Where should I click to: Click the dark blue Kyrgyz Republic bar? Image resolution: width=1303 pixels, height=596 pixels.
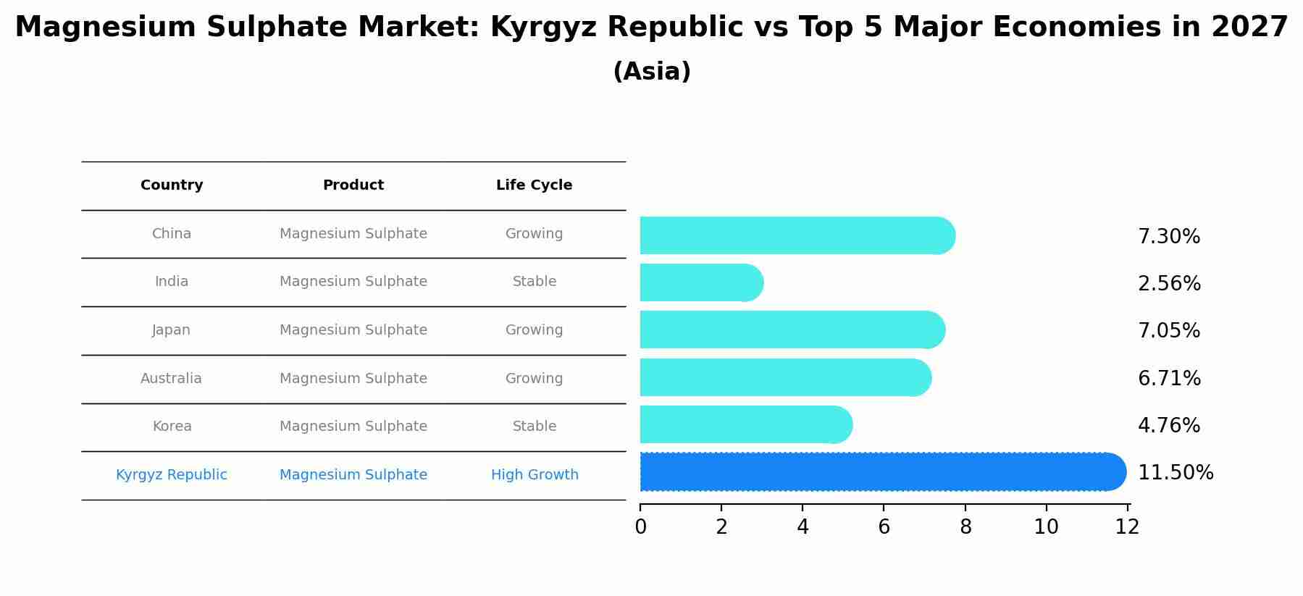[x=882, y=472]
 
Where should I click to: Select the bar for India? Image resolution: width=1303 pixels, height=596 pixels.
[x=700, y=282]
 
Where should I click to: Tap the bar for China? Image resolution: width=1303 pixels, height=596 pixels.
[x=797, y=235]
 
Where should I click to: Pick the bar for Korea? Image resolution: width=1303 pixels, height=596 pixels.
[x=745, y=424]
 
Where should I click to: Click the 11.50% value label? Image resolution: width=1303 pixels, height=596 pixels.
[x=1175, y=473]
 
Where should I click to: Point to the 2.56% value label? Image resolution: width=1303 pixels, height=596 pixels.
[x=1169, y=284]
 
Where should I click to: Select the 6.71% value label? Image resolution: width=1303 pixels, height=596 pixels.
[x=1169, y=379]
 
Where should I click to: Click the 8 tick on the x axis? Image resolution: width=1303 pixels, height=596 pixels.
[x=965, y=527]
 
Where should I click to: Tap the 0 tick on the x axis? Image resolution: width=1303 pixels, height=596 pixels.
[x=640, y=527]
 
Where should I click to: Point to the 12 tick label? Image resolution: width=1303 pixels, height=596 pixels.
[x=1127, y=527]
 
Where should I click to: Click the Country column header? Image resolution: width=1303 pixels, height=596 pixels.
[x=172, y=185]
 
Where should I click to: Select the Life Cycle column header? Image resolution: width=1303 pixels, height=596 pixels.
[x=534, y=185]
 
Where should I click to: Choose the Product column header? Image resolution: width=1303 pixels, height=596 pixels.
[x=353, y=185]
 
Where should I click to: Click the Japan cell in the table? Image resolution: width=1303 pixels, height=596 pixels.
[x=172, y=330]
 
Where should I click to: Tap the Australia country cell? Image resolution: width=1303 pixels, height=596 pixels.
[x=172, y=379]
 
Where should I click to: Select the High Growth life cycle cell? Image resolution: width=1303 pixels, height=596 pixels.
[x=535, y=475]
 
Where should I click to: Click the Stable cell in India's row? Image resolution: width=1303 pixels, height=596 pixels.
[x=535, y=282]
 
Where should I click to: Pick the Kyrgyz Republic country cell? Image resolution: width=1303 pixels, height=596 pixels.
[x=172, y=475]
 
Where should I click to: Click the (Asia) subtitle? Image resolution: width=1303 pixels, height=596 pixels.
[x=652, y=72]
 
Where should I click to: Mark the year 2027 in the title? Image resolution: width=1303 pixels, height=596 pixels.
[x=1249, y=28]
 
